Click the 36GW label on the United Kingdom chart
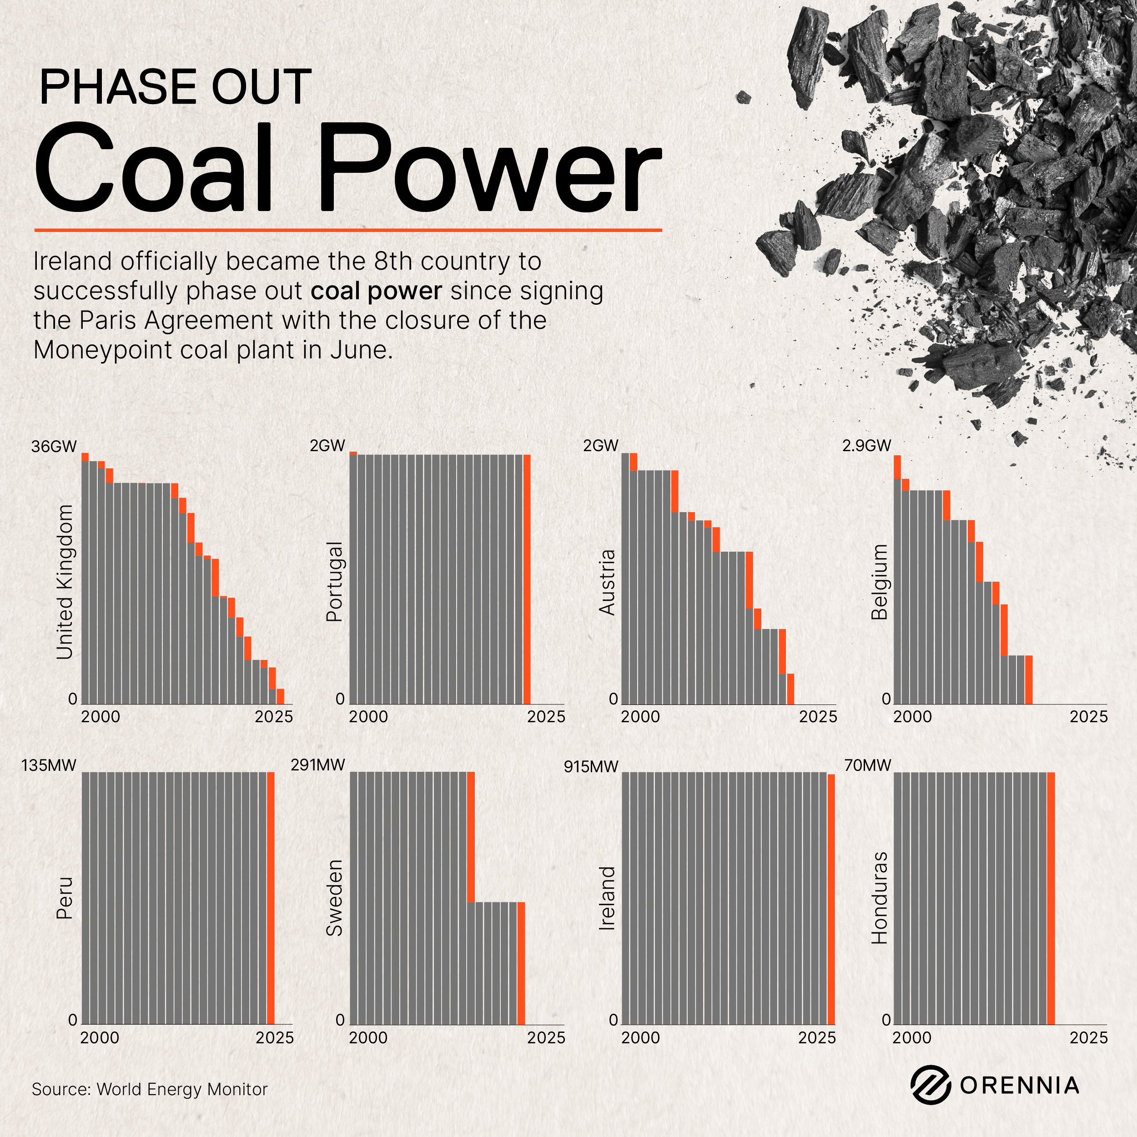54,446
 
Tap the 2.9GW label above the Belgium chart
866,446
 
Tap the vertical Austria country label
607,582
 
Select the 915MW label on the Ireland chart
591,767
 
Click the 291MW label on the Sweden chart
318,765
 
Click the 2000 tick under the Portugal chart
368,717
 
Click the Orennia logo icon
931,1085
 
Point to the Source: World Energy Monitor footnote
150,1089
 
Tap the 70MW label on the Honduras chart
867,765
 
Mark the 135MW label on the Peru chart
49,765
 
